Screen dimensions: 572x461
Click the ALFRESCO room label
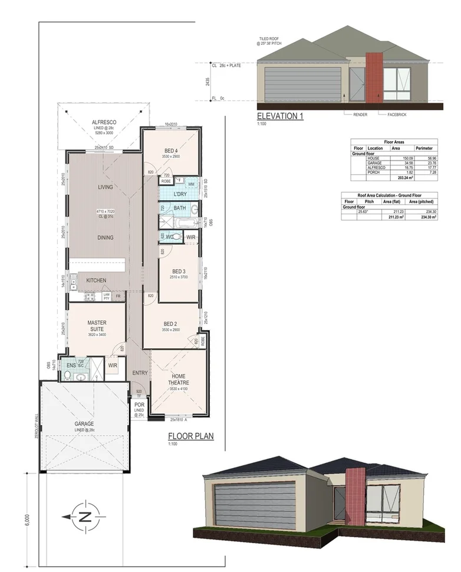click(x=103, y=122)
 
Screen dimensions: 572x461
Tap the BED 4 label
click(x=171, y=151)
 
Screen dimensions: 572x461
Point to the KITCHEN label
click(x=96, y=280)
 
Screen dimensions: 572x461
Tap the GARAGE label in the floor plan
click(x=84, y=424)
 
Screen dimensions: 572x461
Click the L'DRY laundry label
click(x=180, y=194)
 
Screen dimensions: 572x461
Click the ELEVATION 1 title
click(x=280, y=116)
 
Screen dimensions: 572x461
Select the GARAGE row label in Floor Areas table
click(x=375, y=163)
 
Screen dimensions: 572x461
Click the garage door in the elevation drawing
click(x=302, y=83)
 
